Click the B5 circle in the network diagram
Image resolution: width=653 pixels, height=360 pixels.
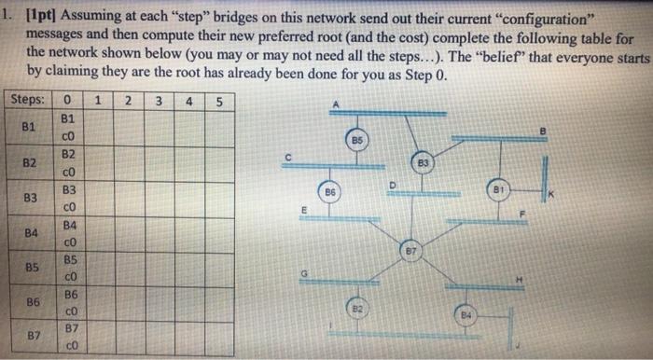pos(355,138)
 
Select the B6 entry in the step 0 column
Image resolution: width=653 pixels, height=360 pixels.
pos(68,293)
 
